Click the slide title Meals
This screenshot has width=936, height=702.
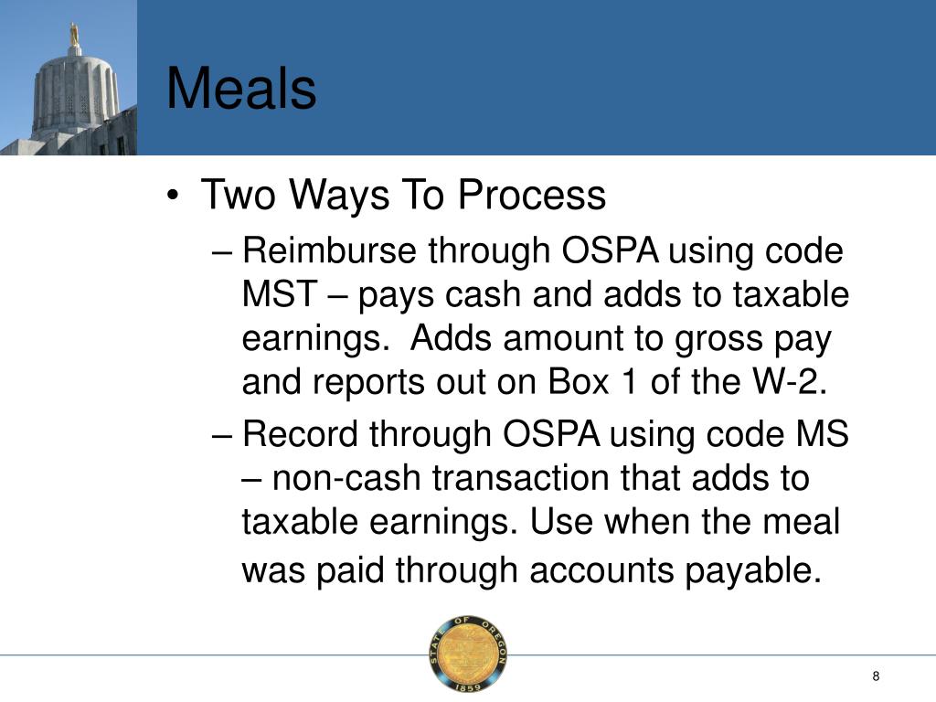pyautogui.click(x=241, y=90)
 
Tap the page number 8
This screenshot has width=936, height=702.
pyautogui.click(x=876, y=675)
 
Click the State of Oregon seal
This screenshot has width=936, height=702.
pyautogui.click(x=468, y=654)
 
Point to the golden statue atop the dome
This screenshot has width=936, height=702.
pyautogui.click(x=74, y=34)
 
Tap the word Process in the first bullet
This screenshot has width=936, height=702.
pyautogui.click(x=532, y=196)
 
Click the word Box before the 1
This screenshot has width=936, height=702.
pyautogui.click(x=578, y=383)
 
